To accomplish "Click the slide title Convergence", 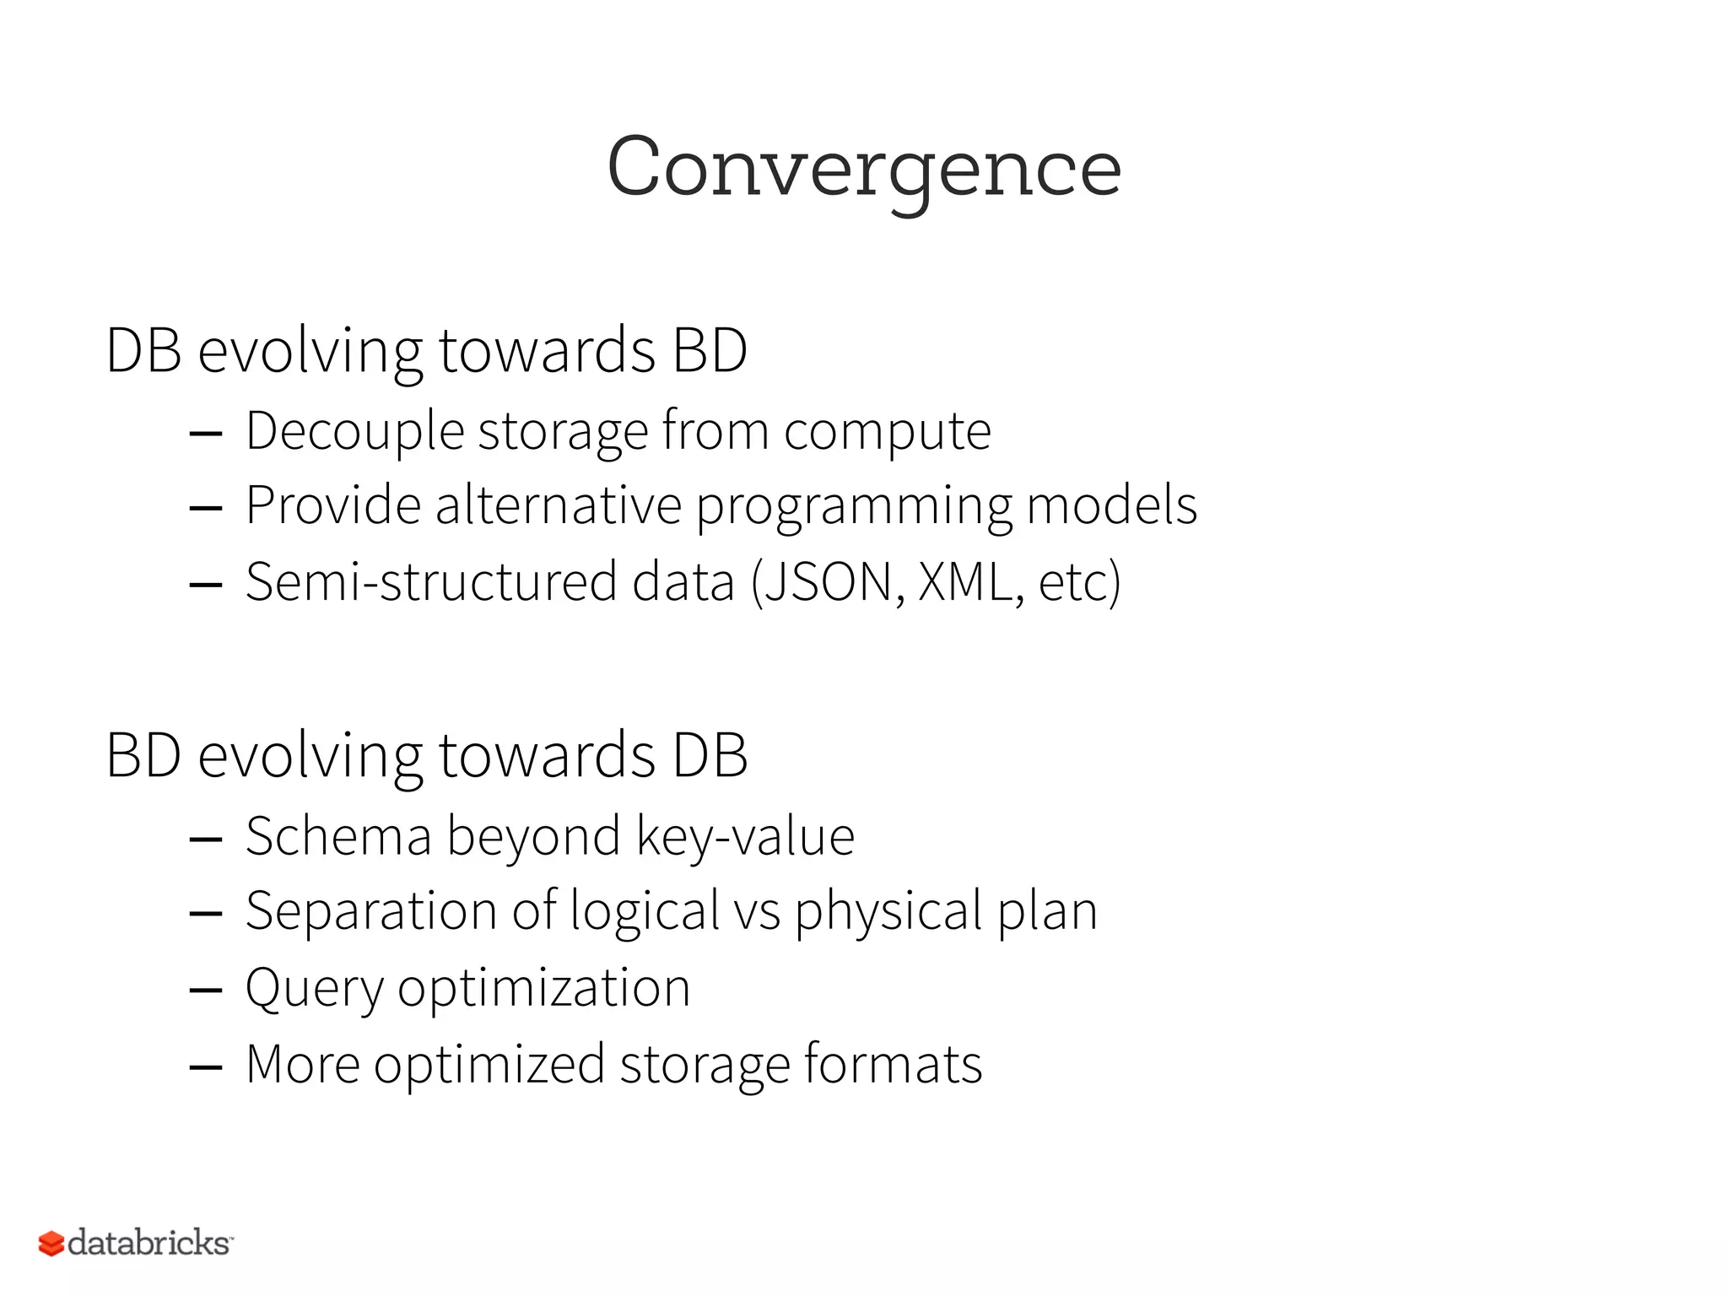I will (864, 169).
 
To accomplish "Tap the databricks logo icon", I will (51, 1243).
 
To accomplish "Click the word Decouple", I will (354, 432).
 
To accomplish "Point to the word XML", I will (965, 582).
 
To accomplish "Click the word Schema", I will (338, 837).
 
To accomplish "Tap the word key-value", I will (745, 837).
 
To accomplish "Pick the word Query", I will (313, 989).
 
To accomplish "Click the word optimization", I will (543, 989).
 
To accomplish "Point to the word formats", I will (893, 1064).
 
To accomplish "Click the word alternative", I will (558, 506).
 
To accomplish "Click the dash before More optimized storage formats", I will (206, 1067).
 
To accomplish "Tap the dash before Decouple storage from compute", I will (206, 435).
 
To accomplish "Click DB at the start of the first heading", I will (143, 350).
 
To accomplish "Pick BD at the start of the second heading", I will (143, 755).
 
